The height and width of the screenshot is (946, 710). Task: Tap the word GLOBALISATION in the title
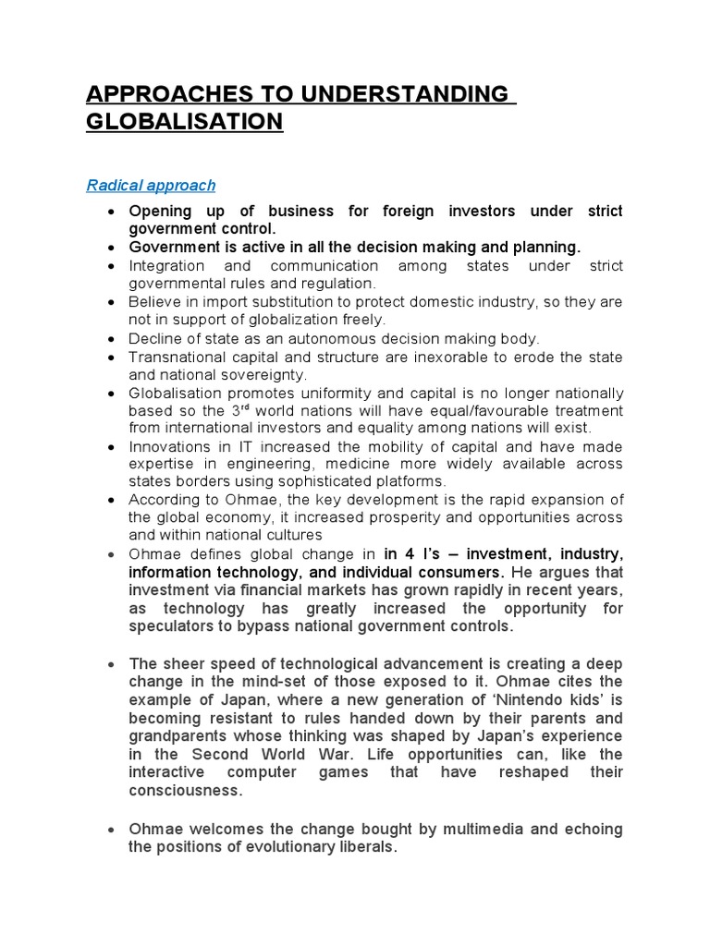(x=184, y=123)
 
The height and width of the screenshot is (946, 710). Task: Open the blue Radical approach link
(x=151, y=186)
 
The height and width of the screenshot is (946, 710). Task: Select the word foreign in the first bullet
(x=400, y=212)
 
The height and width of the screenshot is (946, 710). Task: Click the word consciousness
(x=186, y=792)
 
